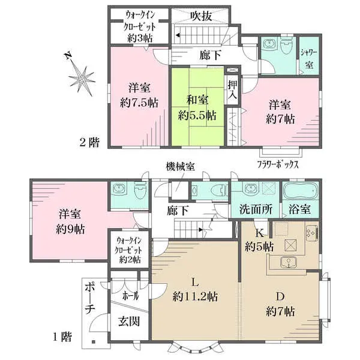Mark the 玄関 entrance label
[129, 321]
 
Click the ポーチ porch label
[89, 300]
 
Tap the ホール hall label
[129, 295]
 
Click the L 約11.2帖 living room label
[194, 290]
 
